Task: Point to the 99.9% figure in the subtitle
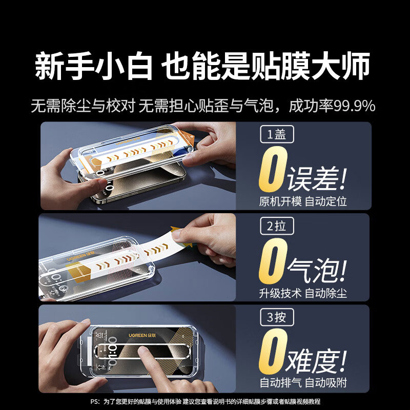point(355,107)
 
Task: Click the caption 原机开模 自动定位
point(303,201)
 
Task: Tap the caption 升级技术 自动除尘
point(303,293)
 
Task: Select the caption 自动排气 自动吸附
point(303,383)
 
